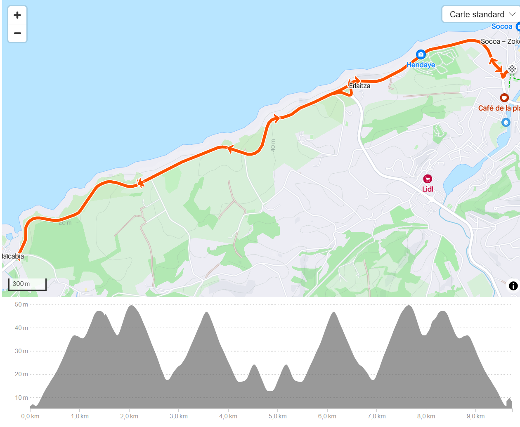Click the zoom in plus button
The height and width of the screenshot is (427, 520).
[17, 15]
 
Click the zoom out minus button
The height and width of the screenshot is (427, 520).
[17, 33]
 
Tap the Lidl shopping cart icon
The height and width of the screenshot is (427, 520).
[428, 179]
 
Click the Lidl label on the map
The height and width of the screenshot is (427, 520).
[428, 189]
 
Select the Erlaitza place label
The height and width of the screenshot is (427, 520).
[360, 86]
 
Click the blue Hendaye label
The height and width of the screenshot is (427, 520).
[421, 65]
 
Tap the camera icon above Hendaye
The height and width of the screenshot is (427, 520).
[421, 54]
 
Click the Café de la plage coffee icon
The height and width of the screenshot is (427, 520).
[504, 98]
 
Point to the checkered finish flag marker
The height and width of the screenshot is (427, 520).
[512, 69]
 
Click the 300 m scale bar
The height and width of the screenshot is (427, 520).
[27, 284]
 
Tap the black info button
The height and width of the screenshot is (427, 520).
[513, 286]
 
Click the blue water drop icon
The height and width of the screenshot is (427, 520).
[506, 122]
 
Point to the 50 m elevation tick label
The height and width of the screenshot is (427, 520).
[21, 304]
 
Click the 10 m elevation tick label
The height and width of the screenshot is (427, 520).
[21, 398]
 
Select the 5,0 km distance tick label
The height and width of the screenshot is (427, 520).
[278, 416]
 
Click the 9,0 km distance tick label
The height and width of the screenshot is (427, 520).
[475, 416]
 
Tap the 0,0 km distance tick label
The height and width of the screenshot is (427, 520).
[30, 416]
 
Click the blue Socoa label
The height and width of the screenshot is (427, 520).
[502, 26]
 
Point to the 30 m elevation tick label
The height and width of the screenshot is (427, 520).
[21, 351]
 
